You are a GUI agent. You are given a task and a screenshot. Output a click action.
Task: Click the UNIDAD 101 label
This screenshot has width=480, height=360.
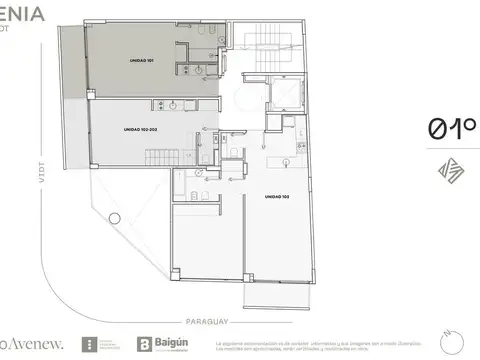(143, 60)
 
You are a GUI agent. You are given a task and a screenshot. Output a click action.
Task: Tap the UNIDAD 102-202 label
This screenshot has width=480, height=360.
(141, 128)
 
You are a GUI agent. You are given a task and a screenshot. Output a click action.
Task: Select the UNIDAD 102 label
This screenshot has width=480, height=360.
(277, 196)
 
